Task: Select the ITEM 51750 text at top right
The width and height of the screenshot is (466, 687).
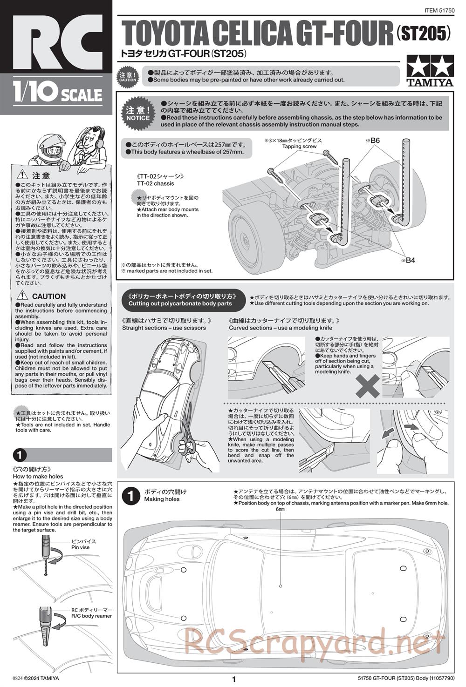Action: (439, 10)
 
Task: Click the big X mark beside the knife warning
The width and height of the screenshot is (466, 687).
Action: (368, 385)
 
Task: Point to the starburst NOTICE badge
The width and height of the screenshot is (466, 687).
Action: (137, 114)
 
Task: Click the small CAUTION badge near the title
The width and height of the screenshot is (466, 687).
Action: (128, 77)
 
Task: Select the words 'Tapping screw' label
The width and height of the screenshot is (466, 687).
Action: (299, 147)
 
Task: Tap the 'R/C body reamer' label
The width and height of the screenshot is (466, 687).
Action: (91, 616)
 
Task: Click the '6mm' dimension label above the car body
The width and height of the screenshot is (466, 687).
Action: (280, 509)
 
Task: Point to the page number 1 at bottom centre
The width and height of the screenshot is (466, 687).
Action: (234, 680)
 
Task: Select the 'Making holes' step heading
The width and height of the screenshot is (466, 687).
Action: (162, 499)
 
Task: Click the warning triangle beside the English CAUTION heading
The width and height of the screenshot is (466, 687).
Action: (22, 296)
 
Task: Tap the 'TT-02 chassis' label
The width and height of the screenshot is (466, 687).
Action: (155, 184)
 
